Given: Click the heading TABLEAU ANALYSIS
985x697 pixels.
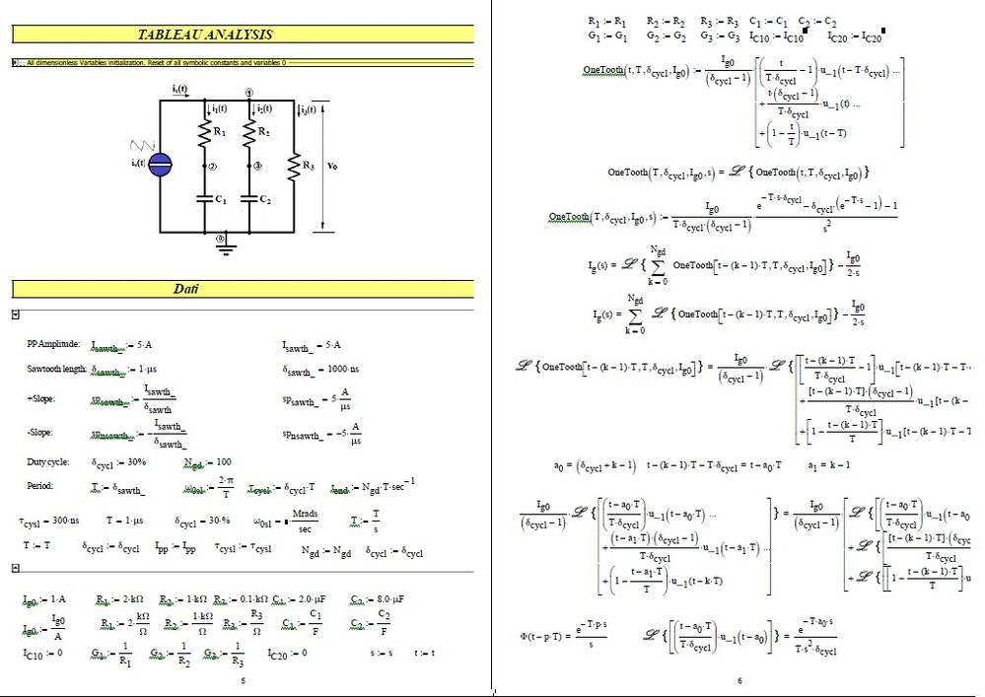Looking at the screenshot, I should [x=205, y=35].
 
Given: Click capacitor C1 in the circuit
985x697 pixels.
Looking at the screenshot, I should [x=206, y=198].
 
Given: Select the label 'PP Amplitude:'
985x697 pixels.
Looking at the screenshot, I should [x=52, y=344].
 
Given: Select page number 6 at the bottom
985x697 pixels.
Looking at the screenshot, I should [x=739, y=680].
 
